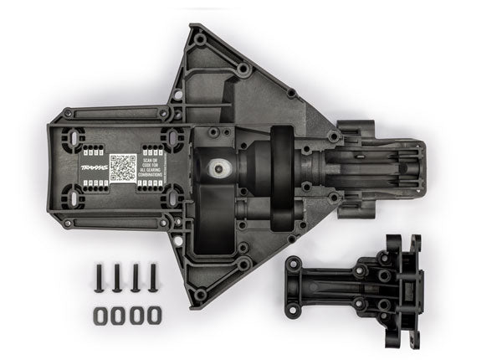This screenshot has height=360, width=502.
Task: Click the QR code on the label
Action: tap(124, 167)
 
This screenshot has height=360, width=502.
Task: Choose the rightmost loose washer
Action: tap(153, 315)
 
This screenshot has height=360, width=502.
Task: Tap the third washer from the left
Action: tap(135, 315)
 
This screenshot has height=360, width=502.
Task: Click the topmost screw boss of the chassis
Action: tap(200, 38)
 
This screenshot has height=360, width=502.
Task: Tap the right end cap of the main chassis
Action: tap(414, 167)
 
